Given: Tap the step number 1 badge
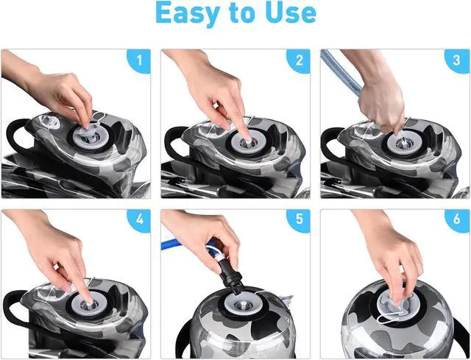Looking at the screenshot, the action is point(138,61).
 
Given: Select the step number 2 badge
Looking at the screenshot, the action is point(298,61).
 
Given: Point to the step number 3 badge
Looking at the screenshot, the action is point(457,61).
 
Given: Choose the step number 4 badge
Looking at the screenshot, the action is point(138,220).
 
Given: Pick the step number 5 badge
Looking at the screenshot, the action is point(298,220).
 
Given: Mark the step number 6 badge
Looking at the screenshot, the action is point(457,220).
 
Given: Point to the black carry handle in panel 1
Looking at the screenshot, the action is point(15,135).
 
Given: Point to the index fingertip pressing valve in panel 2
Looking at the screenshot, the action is point(247,138).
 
